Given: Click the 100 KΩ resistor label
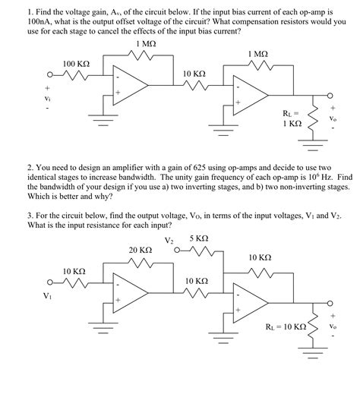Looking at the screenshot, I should pos(77,62).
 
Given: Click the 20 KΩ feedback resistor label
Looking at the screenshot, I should pos(141,250).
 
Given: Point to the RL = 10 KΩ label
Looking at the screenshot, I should pos(286,328).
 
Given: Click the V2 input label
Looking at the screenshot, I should pos(169,241).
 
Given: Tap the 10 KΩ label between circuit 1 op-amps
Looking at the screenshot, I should pos(195,73).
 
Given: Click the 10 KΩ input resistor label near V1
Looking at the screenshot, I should pos(74,270).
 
